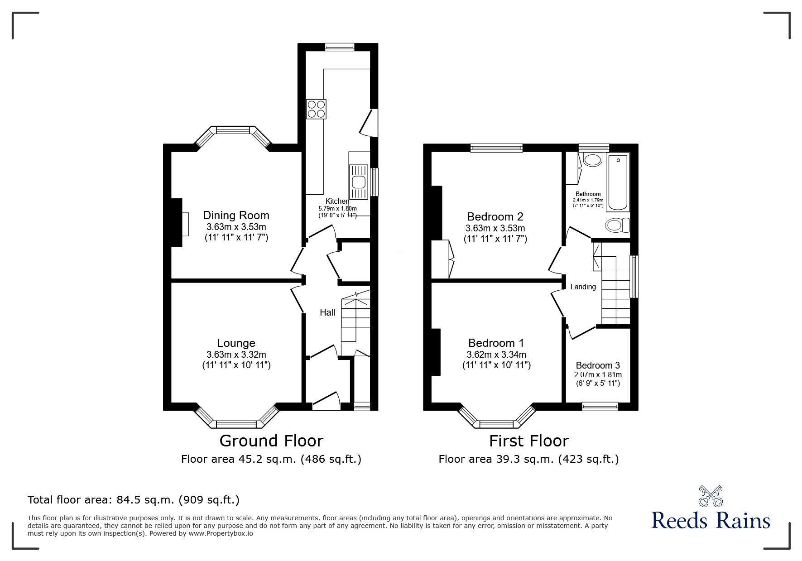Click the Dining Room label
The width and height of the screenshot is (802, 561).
point(236,216)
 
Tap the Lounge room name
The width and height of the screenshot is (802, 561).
point(236,343)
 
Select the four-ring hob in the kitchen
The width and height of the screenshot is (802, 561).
point(316,109)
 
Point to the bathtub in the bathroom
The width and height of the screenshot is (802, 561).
point(618,182)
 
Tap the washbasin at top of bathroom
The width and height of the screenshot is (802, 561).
point(592,159)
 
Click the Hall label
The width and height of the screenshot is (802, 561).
point(327,312)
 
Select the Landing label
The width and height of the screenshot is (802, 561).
point(583,287)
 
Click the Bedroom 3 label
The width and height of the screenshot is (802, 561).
point(598,365)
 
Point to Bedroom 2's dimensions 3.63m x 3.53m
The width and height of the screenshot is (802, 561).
point(495,228)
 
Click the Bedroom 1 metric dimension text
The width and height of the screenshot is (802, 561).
point(496,355)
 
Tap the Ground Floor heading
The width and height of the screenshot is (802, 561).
point(271,441)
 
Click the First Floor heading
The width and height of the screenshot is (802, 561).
point(528,441)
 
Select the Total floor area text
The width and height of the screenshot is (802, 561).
point(134,500)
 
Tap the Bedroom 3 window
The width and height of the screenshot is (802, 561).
point(600,407)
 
